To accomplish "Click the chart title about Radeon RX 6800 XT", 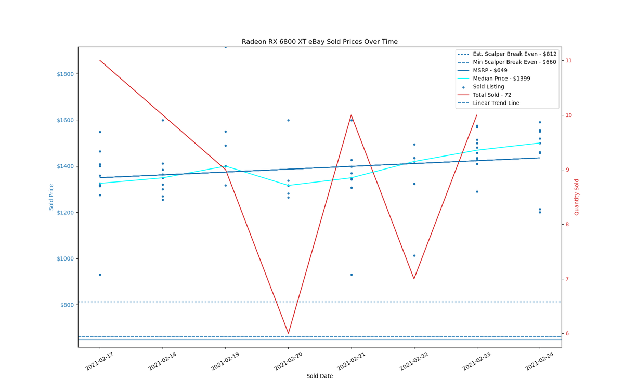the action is pos(319,42).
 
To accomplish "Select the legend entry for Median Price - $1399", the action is pos(493,79).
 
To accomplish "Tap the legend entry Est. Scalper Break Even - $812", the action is pos(506,54).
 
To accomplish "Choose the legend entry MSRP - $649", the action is pos(482,71).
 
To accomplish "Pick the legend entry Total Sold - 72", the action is pos(484,95).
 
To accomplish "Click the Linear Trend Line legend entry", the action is pos(488,103).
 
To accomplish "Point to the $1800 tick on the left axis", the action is pos(65,74).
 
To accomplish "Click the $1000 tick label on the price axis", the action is pos(65,259).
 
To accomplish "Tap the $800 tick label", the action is pos(67,305).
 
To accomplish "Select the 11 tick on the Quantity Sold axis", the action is pos(568,61).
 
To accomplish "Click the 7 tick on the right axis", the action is pos(567,279).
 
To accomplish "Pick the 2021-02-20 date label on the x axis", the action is pos(288,361).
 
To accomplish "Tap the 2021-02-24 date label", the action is pos(540,361).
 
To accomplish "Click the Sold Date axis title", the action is pos(319,376).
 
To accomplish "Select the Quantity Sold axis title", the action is pos(576,197).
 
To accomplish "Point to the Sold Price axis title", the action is pos(51,197).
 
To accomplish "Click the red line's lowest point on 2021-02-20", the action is pos(288,333).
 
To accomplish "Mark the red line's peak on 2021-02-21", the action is pos(352,115).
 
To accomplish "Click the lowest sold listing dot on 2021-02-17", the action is pos(100,275).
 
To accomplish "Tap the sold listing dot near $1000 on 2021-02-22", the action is pos(414,256).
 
